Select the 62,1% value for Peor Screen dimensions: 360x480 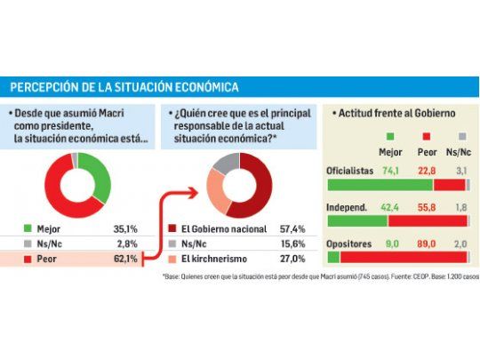pyautogui.click(x=124, y=259)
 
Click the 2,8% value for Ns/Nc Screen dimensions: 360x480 pyautogui.click(x=125, y=243)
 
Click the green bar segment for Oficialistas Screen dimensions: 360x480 pyautogui.click(x=380, y=184)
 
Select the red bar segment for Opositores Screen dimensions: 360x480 pyautogui.click(x=404, y=257)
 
